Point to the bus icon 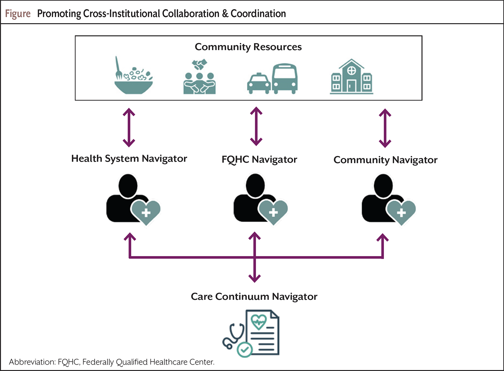point(285,79)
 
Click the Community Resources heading point(248,47)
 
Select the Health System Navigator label point(129,159)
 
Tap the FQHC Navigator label point(259,160)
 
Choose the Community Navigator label point(385,160)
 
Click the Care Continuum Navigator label point(254,297)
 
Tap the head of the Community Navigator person point(383,186)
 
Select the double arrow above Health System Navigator point(129,127)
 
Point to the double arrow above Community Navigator point(385,128)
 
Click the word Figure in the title point(18,14)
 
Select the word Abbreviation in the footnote point(32,362)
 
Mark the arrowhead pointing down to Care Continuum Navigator point(254,278)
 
